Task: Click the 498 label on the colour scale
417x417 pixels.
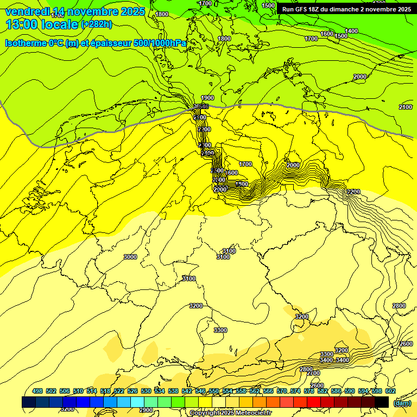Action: tap(37, 391)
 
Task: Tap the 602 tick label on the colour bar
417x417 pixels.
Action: tap(390, 391)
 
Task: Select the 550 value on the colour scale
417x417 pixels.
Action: tap(214, 391)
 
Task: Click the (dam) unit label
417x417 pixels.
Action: tap(402, 403)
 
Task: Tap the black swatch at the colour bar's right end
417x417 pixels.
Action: tap(382, 402)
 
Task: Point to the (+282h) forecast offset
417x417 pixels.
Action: tap(97, 24)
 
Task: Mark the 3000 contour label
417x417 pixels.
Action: tap(130, 257)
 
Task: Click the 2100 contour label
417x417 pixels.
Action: tap(405, 107)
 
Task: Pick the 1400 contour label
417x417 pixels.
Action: tap(351, 31)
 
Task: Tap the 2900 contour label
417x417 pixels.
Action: tap(146, 410)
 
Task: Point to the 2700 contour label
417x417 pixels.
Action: tap(313, 374)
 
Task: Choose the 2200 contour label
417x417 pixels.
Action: tap(353, 192)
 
